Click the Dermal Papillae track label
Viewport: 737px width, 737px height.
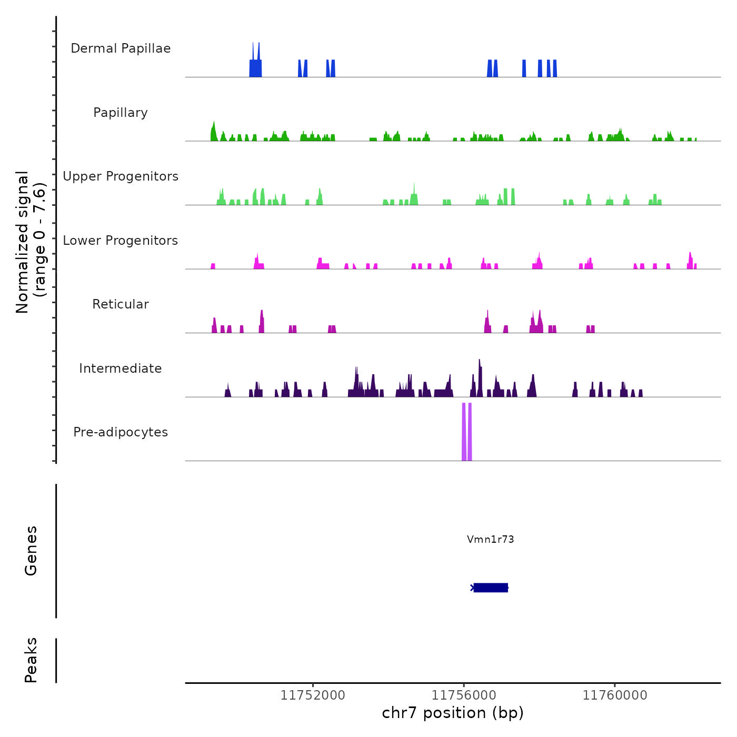click(121, 48)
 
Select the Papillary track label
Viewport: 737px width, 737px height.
click(121, 113)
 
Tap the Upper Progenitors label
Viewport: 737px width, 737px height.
click(121, 176)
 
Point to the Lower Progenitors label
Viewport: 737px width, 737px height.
click(121, 241)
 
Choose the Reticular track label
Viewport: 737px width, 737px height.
click(121, 304)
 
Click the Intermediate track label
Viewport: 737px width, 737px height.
click(121, 368)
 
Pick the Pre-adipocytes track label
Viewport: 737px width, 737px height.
click(121, 432)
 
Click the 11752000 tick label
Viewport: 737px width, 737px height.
click(313, 695)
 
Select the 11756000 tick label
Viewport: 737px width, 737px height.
click(464, 695)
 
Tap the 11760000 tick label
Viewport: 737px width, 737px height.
click(615, 695)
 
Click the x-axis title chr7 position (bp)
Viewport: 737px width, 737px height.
click(453, 713)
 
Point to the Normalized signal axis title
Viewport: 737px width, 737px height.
click(31, 242)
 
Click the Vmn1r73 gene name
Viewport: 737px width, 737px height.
click(490, 539)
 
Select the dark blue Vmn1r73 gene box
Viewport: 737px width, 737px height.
click(491, 587)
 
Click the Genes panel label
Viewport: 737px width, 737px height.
click(31, 551)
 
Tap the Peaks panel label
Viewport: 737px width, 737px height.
click(31, 660)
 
